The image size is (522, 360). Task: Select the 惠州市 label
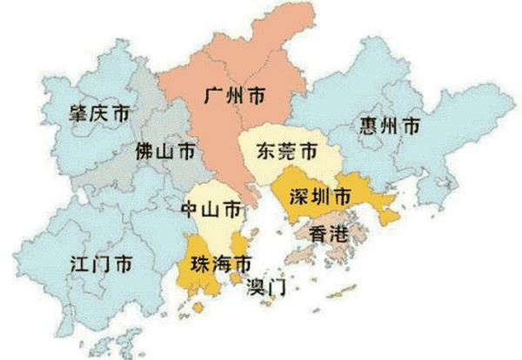(x=389, y=127)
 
